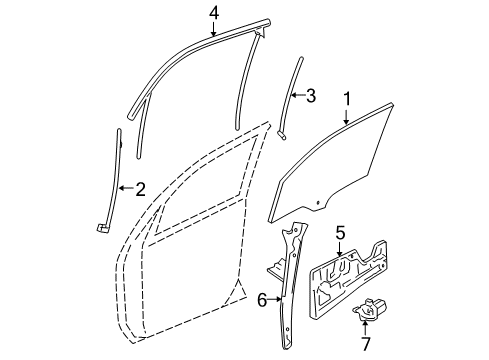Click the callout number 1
coord(347,100)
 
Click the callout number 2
coord(140,187)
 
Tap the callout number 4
coord(213,12)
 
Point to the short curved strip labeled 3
coord(292,95)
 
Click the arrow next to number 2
coord(126,187)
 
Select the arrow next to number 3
coord(298,96)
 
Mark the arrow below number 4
coord(213,28)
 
